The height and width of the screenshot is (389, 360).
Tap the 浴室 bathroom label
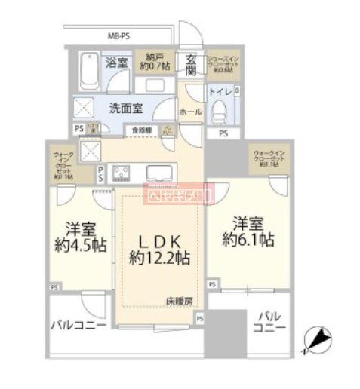[x=115, y=63]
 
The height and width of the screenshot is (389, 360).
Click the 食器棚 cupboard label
[x=142, y=130]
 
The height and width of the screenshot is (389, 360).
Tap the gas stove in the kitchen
[x=122, y=174]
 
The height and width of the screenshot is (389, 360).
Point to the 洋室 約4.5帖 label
[x=79, y=237]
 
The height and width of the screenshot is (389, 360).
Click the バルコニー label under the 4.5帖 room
[x=78, y=326]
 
